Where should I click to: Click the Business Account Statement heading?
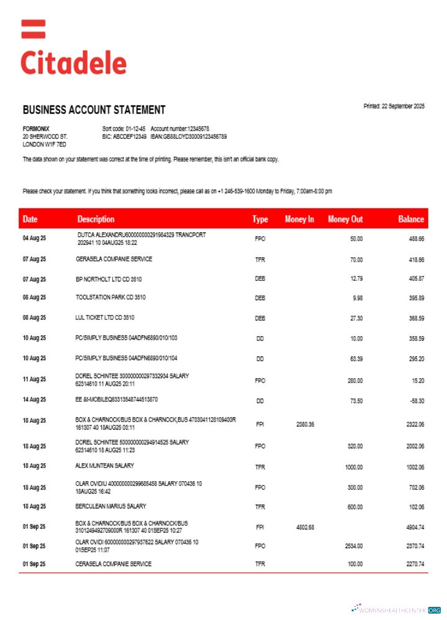coord(94,110)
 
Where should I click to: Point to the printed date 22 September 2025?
coord(394,107)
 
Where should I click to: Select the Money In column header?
coord(299,219)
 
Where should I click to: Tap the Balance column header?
coord(411,219)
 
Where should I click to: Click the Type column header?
coord(260,219)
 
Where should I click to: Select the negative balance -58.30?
coord(416,401)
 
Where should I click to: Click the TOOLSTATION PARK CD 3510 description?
coord(111,298)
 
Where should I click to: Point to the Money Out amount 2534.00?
coord(353,546)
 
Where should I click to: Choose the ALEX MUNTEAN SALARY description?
coord(104,466)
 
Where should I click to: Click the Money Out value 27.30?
coord(356,318)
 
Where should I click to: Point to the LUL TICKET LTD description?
coord(104,318)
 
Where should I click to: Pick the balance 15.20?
coord(417,380)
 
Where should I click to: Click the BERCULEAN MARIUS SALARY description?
coord(111,507)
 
